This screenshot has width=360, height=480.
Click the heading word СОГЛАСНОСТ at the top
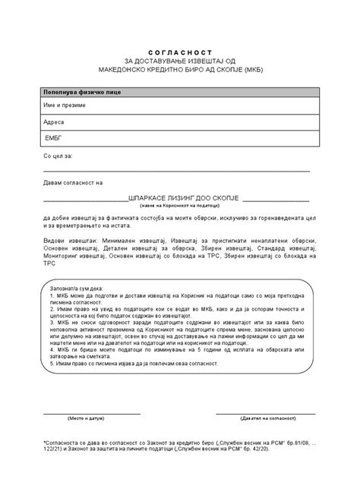179,46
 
